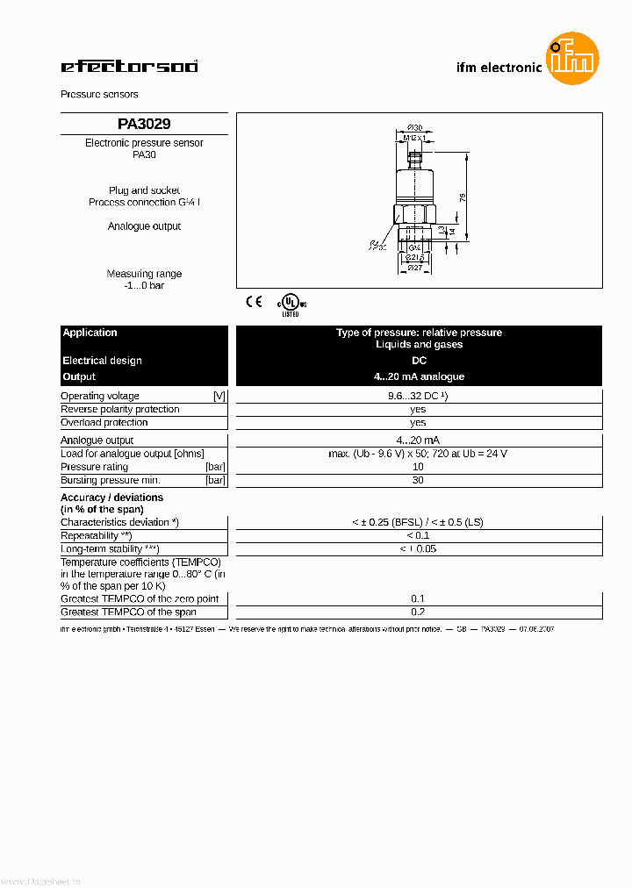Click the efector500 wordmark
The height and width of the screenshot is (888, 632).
(129, 66)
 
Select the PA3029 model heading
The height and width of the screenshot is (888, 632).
(144, 124)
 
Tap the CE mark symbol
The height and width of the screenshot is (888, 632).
(254, 302)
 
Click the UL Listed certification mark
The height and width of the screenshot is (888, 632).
(291, 304)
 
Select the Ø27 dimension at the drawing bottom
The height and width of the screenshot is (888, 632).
(415, 268)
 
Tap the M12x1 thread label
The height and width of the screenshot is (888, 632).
(415, 138)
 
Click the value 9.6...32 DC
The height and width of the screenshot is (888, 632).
(418, 396)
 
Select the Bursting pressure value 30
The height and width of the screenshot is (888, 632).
(418, 480)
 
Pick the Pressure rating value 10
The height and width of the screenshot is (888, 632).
(418, 467)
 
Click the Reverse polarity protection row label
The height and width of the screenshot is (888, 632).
(119, 409)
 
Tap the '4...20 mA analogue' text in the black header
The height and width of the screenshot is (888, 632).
(419, 376)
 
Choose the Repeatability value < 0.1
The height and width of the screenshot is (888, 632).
(418, 535)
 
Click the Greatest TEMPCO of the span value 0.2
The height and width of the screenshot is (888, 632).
(418, 612)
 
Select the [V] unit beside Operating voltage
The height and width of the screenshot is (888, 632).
(219, 396)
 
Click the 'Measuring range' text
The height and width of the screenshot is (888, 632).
(144, 274)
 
